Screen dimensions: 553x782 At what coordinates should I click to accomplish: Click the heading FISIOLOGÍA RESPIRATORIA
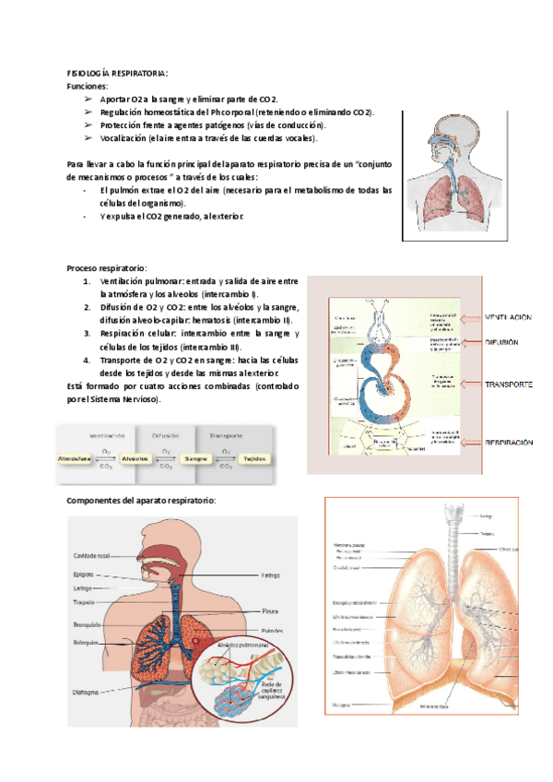point(117,73)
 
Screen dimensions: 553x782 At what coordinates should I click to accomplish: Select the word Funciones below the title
point(88,86)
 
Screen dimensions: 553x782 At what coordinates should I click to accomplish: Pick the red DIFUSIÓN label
point(503,342)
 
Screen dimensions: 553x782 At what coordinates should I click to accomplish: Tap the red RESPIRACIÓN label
point(509,444)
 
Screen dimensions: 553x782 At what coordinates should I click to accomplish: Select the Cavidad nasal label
point(93,556)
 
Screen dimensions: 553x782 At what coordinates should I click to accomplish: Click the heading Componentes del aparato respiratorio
point(141,501)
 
